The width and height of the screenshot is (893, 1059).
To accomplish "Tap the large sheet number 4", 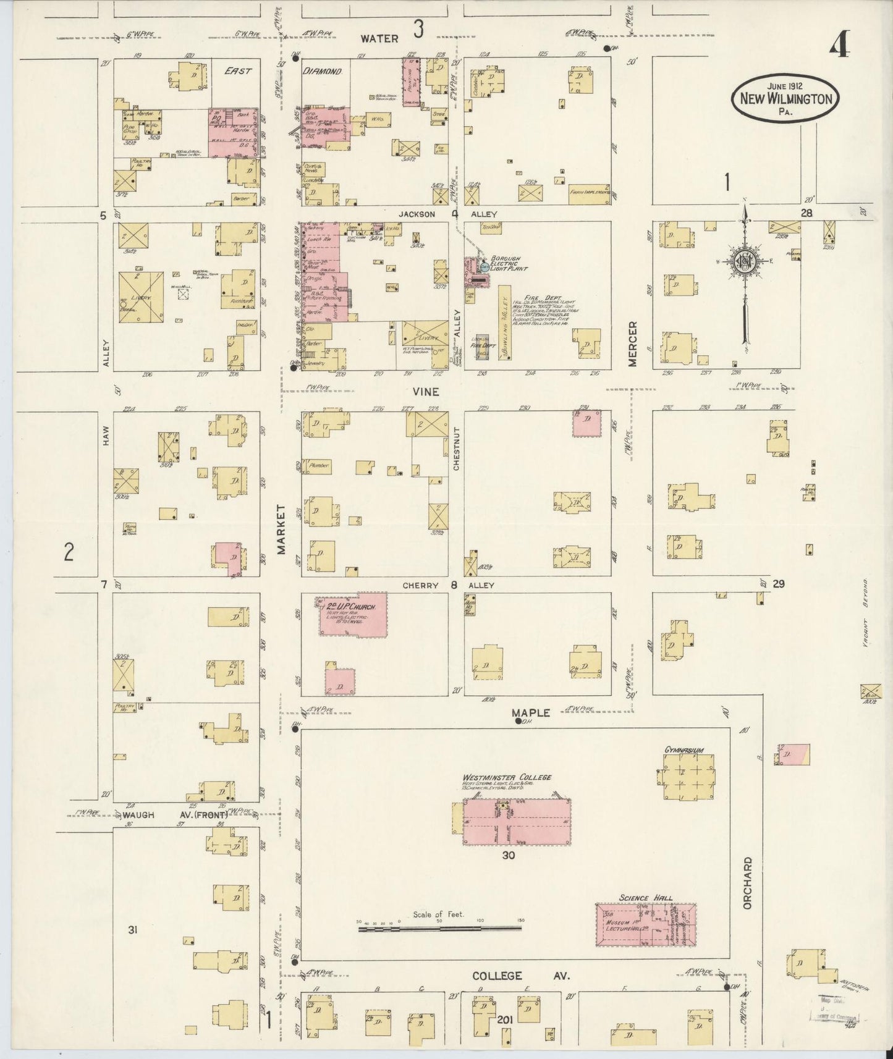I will (839, 45).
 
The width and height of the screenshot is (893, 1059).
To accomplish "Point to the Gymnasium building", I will (687, 780).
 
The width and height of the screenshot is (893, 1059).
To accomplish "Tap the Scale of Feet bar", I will (439, 928).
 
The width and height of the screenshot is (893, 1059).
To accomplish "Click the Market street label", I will (281, 529).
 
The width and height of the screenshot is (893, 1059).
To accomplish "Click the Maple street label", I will (531, 712).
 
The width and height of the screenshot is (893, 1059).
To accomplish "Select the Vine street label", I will (426, 392).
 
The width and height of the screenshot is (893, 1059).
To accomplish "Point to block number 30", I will (508, 856).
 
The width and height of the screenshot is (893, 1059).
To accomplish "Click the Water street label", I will (379, 38).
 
